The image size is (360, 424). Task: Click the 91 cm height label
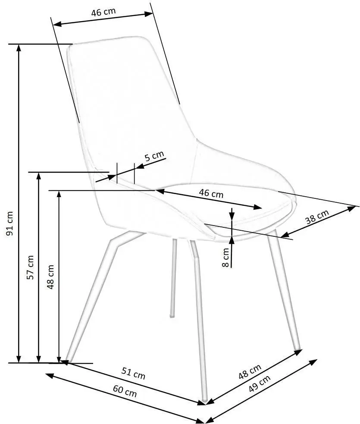pos(10,223)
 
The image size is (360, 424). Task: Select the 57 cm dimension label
pos(30,267)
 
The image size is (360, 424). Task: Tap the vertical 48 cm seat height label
pos(50,277)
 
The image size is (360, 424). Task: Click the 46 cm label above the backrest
pos(103,12)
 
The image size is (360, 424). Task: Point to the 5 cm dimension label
pos(154,156)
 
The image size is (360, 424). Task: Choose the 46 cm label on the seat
pos(211,193)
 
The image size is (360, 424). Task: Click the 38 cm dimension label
pos(317,217)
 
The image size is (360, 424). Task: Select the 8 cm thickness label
pos(225,258)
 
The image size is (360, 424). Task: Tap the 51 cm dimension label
pos(133,373)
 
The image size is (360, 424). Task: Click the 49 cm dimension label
pos(260,384)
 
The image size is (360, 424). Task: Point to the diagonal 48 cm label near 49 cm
pos(250,371)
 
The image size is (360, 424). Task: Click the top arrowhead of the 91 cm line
pos(19,47)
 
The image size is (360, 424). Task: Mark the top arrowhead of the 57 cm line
pos(39,176)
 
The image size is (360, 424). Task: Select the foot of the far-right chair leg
pos(297,348)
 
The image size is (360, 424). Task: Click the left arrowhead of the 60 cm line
pos(49,376)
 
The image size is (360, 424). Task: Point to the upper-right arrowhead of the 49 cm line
pos(313,361)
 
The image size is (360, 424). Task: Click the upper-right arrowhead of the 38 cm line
pos(352,208)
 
